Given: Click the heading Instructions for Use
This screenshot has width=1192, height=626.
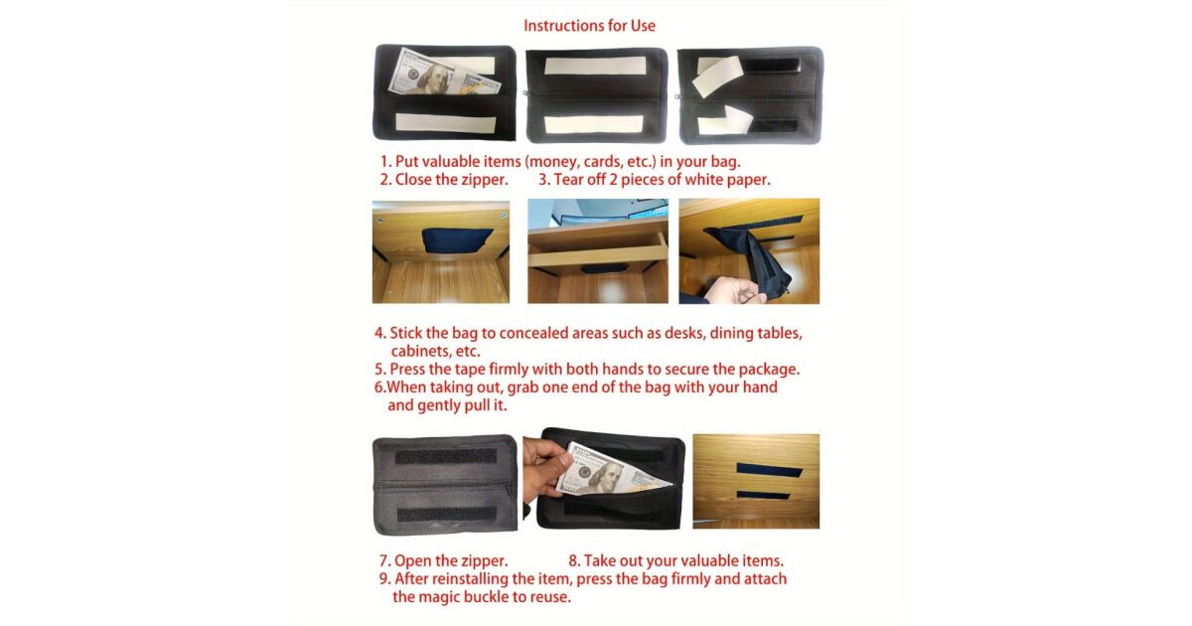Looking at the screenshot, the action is (589, 26).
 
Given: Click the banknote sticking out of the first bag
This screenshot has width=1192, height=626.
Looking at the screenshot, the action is (443, 74).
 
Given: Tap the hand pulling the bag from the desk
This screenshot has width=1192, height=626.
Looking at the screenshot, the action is (735, 290).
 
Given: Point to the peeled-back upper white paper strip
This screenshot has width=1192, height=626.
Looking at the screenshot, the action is (717, 76).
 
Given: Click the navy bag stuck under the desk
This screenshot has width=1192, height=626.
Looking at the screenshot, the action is (457, 240).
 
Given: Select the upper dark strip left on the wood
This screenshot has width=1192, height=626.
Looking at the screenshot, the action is (769, 469).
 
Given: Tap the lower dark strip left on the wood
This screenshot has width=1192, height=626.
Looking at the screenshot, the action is (763, 495).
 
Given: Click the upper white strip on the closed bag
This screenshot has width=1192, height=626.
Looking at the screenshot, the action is (595, 66).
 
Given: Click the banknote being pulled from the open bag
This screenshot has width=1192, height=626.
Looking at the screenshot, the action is (612, 471).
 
